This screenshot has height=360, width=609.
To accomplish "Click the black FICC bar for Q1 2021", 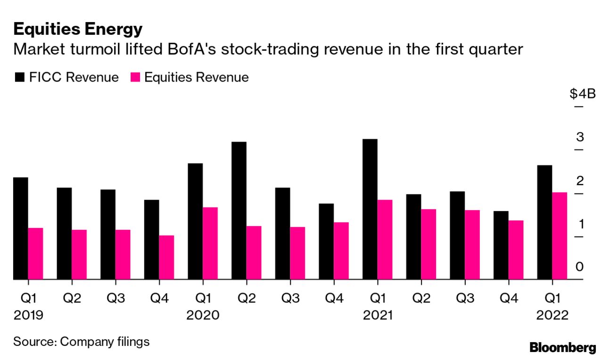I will click(370, 209).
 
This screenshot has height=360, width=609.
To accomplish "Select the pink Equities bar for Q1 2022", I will click(560, 236).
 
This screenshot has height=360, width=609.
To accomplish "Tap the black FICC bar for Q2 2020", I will click(239, 211).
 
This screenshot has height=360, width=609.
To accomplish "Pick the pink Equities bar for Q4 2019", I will click(166, 257).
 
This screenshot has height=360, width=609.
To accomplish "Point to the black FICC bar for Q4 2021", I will click(502, 245).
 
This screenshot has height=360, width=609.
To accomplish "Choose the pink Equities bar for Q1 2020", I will click(210, 243).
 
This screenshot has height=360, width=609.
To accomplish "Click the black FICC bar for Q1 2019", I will click(21, 229).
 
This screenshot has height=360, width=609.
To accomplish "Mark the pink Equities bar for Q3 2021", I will click(472, 245).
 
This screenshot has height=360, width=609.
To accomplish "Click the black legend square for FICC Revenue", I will click(19, 78).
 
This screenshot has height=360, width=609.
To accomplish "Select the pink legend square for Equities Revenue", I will click(134, 78).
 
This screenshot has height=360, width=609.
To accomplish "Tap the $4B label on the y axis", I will click(583, 94).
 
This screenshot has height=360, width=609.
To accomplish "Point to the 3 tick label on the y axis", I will click(580, 138).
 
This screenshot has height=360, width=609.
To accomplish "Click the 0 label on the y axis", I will click(580, 267).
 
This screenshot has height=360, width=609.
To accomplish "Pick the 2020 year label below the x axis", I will click(203, 315).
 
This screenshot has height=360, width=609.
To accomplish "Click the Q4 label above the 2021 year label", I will click(509, 298).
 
